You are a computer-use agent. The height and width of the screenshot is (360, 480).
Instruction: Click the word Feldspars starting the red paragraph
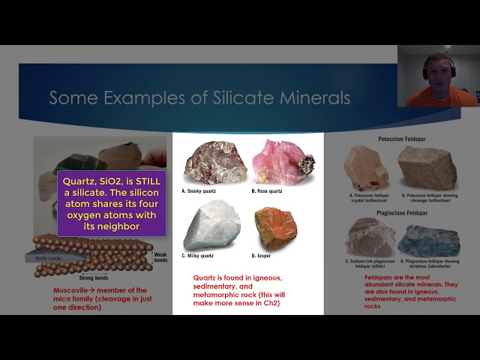click(x=370, y=277)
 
